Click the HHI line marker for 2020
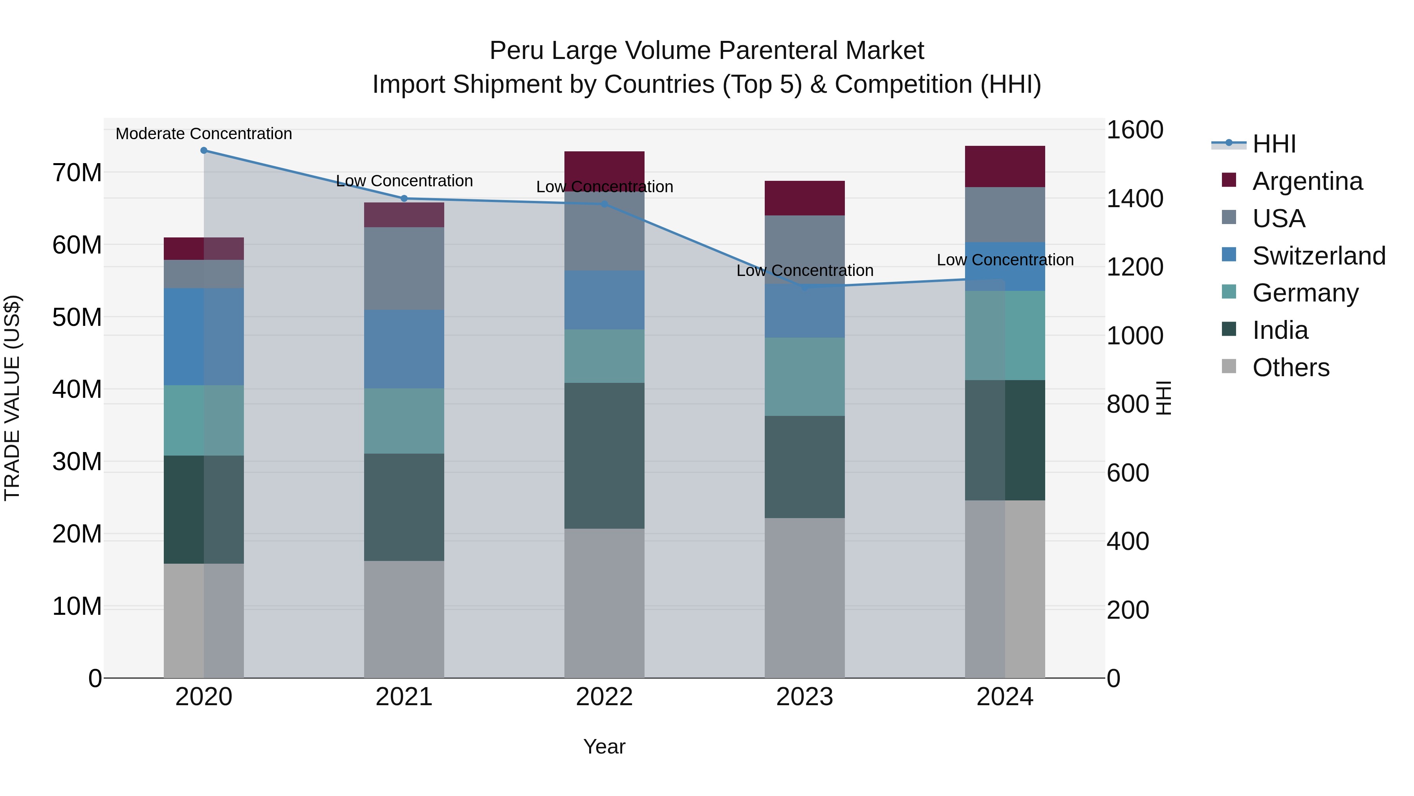pyautogui.click(x=203, y=151)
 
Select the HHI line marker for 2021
pyautogui.click(x=404, y=199)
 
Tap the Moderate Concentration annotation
pyautogui.click(x=203, y=134)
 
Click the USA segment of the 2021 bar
pyautogui.click(x=404, y=268)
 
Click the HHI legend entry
pyautogui.click(x=1273, y=144)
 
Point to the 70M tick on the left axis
pyautogui.click(x=77, y=173)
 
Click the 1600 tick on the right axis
pyautogui.click(x=1134, y=130)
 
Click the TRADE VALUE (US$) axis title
pyautogui.click(x=12, y=398)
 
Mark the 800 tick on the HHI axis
pyautogui.click(x=1127, y=404)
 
